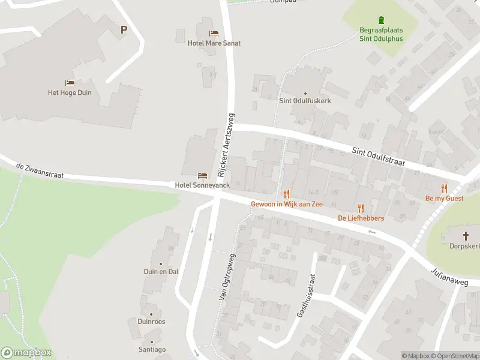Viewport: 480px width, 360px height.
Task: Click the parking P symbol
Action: click(x=124, y=29)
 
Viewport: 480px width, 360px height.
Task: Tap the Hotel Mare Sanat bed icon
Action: click(x=213, y=33)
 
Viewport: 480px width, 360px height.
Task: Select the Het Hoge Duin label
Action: click(x=70, y=92)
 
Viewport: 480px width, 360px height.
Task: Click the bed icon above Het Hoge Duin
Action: click(x=70, y=83)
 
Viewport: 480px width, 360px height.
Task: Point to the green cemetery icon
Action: click(x=381, y=20)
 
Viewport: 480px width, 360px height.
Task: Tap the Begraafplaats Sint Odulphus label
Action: click(x=381, y=34)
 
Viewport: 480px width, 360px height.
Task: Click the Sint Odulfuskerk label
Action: click(x=305, y=101)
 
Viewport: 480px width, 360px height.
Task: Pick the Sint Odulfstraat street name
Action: click(x=378, y=157)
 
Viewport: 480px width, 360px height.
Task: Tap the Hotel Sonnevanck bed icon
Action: click(x=203, y=175)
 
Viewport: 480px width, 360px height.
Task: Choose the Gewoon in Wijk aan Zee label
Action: click(x=287, y=204)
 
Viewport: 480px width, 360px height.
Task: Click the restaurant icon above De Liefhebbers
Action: click(x=361, y=208)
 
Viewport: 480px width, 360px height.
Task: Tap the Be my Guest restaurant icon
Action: click(x=444, y=188)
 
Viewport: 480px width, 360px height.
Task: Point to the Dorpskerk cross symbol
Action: click(x=466, y=236)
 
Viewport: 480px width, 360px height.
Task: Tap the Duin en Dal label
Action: click(x=160, y=271)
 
